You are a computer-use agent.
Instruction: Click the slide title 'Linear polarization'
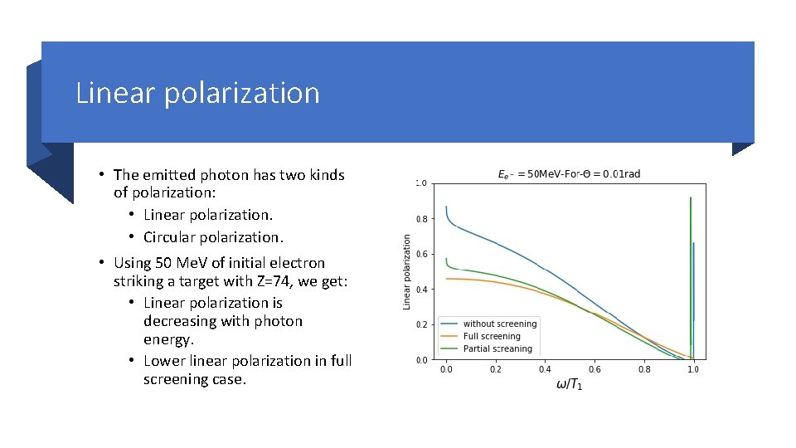tap(197, 93)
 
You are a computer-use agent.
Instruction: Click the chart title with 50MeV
tap(568, 173)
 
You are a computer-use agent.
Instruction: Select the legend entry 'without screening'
tap(499, 324)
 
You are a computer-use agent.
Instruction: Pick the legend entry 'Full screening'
tap(492, 336)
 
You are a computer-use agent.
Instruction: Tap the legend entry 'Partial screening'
tap(497, 348)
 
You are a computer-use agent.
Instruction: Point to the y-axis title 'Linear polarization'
tap(407, 272)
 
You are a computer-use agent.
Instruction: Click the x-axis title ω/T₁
tap(569, 385)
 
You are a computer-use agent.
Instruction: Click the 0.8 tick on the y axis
tap(421, 219)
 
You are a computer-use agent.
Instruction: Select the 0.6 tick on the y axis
tap(421, 255)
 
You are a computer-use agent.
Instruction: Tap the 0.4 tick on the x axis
tap(545, 369)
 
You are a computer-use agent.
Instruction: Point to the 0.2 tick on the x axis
tap(495, 369)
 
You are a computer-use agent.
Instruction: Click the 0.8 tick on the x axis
tap(644, 369)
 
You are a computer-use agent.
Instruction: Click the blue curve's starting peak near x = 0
tap(446, 207)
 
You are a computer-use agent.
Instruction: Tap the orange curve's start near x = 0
tap(447, 279)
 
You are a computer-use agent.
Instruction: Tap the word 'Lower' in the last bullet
tap(164, 361)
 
